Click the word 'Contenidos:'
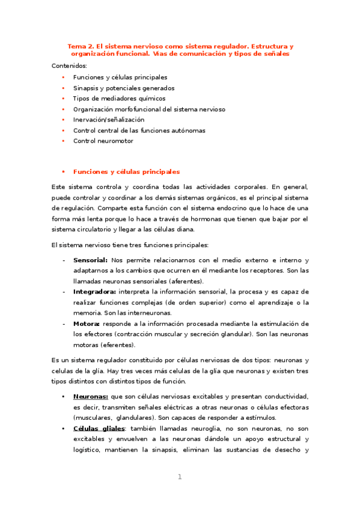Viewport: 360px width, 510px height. pos(69,66)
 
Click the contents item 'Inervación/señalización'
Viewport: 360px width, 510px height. pos(109,120)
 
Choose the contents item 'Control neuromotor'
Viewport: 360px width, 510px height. pos(103,141)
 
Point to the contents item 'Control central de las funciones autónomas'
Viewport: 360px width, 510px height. pos(139,131)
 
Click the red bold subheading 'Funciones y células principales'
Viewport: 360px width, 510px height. pos(126,171)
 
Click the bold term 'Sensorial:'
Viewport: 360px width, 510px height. pos(90,260)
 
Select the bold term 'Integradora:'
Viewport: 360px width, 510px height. pos(95,292)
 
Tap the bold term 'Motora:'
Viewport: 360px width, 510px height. pos(87,324)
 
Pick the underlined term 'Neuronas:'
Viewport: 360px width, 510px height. pos(91,396)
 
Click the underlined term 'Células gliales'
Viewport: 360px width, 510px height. pos(99,428)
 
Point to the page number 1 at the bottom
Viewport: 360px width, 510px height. pos(179,477)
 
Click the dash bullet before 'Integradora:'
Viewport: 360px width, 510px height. pos(64,292)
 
